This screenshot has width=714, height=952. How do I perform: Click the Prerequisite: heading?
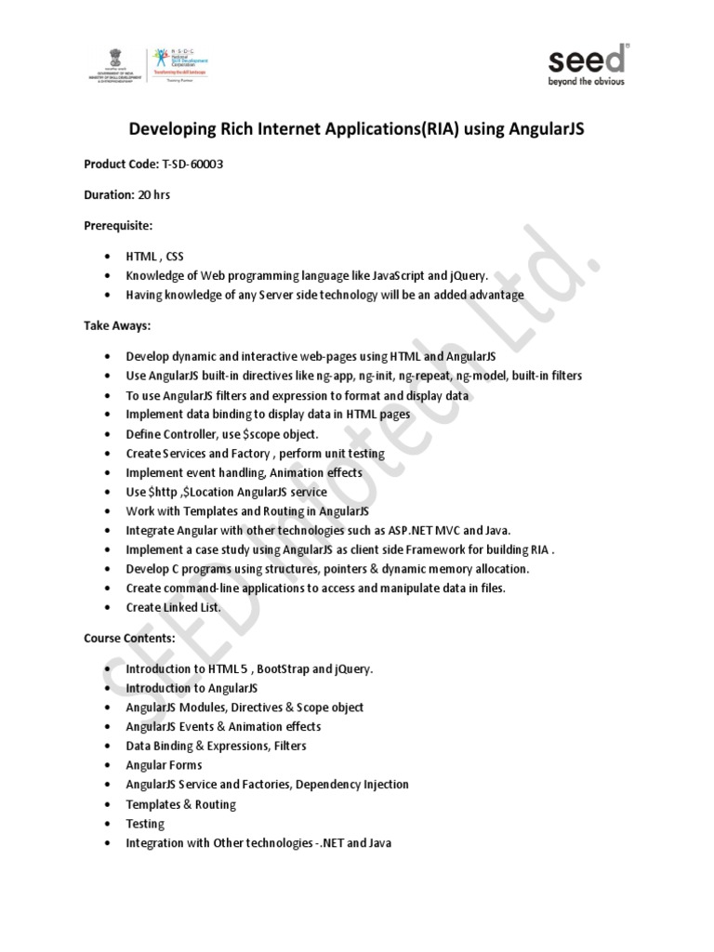(x=118, y=225)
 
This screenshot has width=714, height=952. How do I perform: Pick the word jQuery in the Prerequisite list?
(x=468, y=275)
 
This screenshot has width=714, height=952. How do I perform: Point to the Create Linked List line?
(x=173, y=607)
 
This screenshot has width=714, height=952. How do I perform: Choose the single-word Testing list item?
(x=145, y=824)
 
